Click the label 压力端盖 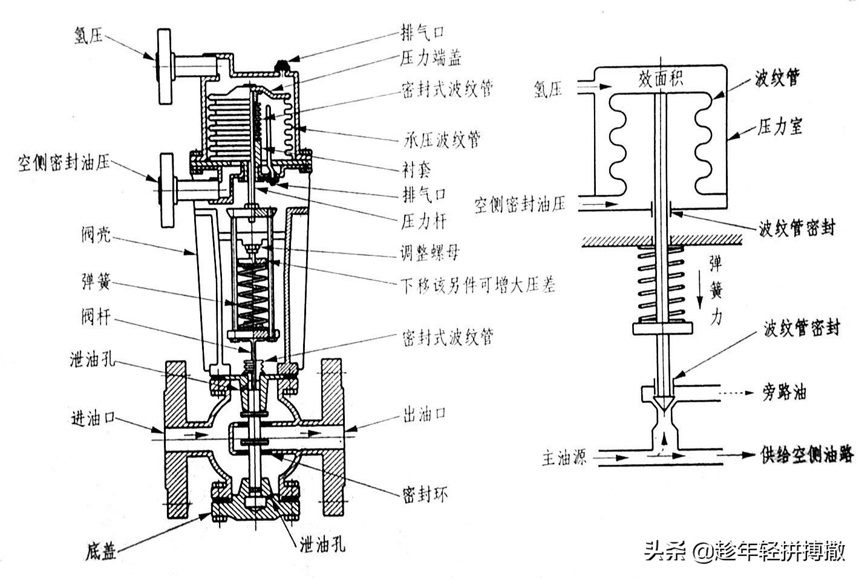click(x=431, y=58)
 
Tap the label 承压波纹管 click(x=442, y=140)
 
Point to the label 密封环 click(x=425, y=494)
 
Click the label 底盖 click(x=100, y=552)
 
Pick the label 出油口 click(x=424, y=414)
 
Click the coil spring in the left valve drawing click(x=253, y=296)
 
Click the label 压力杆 click(x=423, y=221)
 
